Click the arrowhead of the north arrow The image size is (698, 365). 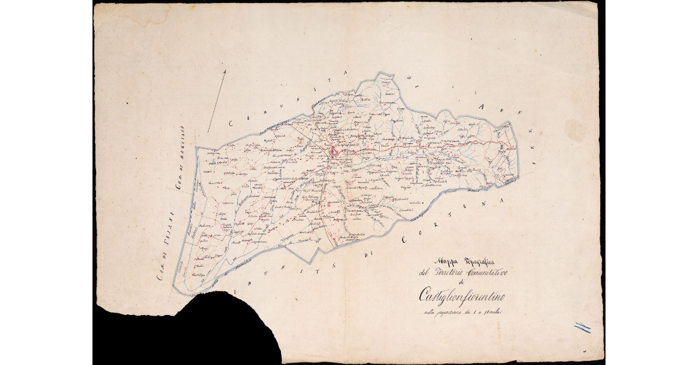click(224, 71)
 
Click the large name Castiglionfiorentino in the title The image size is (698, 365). click(463, 296)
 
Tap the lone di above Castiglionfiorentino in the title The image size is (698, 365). click(462, 283)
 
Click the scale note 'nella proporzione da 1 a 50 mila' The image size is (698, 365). click(466, 314)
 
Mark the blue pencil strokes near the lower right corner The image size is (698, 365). click(582, 328)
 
